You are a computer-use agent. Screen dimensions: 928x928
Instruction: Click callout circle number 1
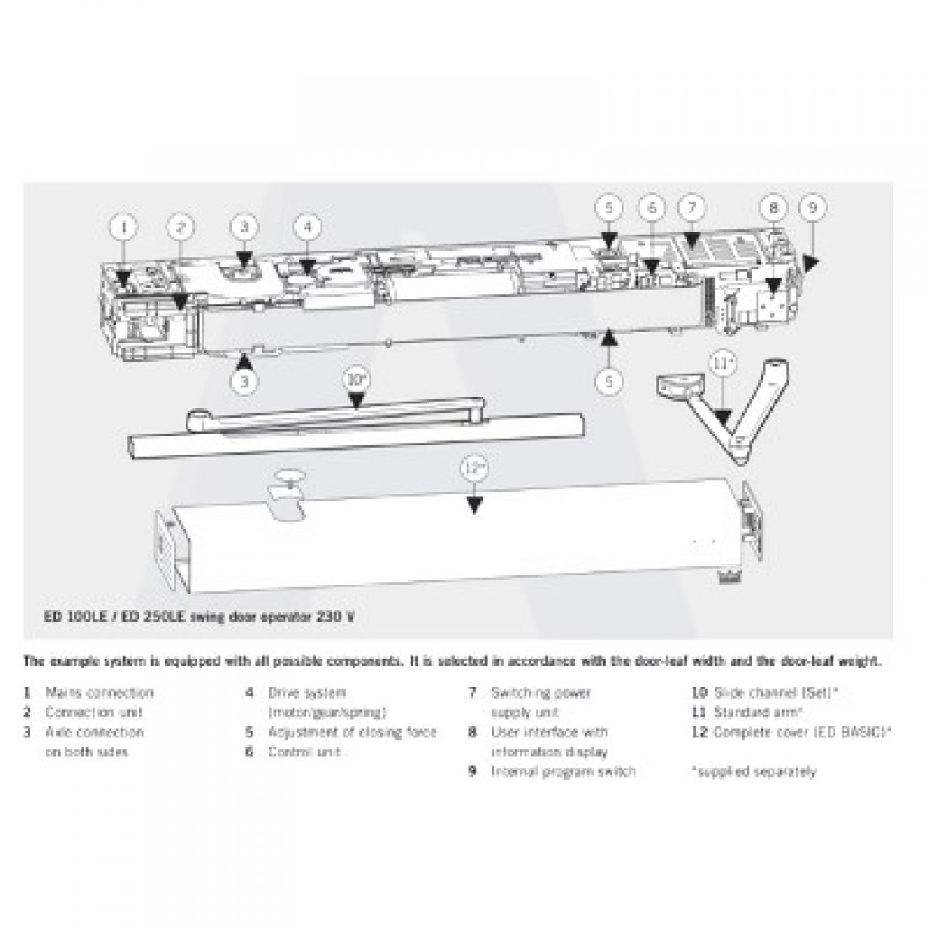[124, 226]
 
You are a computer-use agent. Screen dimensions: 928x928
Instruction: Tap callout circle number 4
[308, 226]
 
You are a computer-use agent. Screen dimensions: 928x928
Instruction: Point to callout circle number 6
[650, 207]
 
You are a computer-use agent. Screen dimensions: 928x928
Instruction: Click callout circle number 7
[691, 207]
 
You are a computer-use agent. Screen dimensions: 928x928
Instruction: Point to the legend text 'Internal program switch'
[563, 771]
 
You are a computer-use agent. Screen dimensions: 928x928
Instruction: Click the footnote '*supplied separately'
[753, 771]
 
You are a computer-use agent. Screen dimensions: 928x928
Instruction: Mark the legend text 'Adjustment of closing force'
[353, 732]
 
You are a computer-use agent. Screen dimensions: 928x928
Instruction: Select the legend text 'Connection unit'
[94, 712]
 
